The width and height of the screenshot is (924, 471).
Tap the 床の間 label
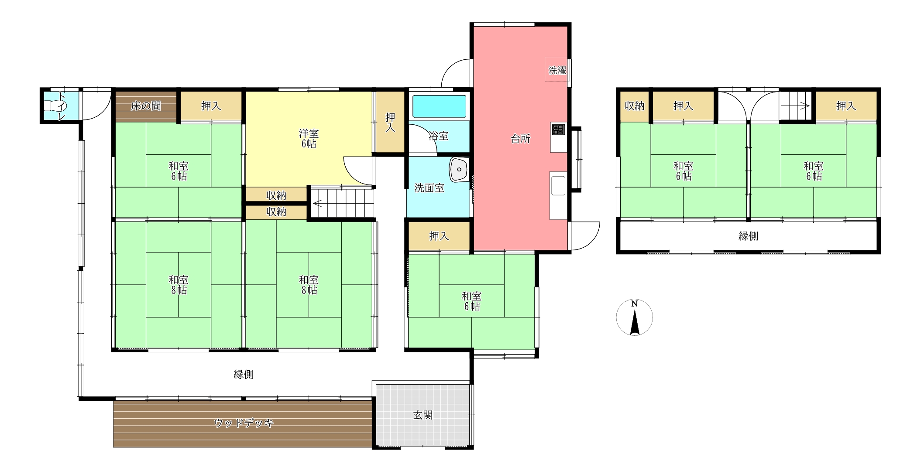[x=146, y=106]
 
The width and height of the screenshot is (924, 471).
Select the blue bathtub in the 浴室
[x=439, y=106]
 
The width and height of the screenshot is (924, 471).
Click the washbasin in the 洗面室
[x=459, y=169]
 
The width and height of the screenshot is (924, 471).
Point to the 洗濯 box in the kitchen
[x=556, y=69]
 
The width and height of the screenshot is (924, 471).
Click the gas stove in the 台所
[x=558, y=130]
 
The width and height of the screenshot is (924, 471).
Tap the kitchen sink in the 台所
[x=558, y=185]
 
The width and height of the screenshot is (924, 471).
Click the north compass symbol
[x=635, y=317]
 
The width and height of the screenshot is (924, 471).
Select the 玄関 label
[x=423, y=415]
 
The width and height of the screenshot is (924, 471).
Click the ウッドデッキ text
[x=244, y=423]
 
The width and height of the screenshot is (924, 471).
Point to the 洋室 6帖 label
[x=309, y=138]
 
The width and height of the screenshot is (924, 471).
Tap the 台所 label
[x=521, y=139]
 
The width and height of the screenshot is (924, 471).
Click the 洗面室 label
[x=429, y=188]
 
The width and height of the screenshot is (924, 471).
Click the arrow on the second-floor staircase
[x=795, y=106]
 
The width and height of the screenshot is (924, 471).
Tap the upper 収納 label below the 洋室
[x=276, y=195]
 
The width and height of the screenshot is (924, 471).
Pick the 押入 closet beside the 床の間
[x=211, y=106]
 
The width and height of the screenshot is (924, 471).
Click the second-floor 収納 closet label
[x=634, y=106]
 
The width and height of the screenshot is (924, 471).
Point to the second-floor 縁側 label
[x=748, y=236]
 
